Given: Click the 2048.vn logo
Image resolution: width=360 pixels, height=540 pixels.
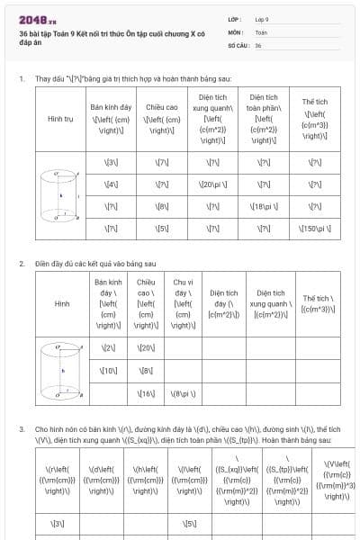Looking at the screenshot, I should pyautogui.click(x=37, y=19).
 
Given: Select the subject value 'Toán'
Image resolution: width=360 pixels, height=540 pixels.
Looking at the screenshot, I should pyautogui.click(x=261, y=31).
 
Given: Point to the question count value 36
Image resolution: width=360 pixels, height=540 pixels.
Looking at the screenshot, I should pyautogui.click(x=258, y=44).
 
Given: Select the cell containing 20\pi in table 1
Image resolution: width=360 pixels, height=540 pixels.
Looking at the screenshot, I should pyautogui.click(x=212, y=184).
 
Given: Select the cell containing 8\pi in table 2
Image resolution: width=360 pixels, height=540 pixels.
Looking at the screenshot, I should pyautogui.click(x=184, y=393).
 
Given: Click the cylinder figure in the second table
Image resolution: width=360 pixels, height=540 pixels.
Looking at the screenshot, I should pyautogui.click(x=61, y=370).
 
